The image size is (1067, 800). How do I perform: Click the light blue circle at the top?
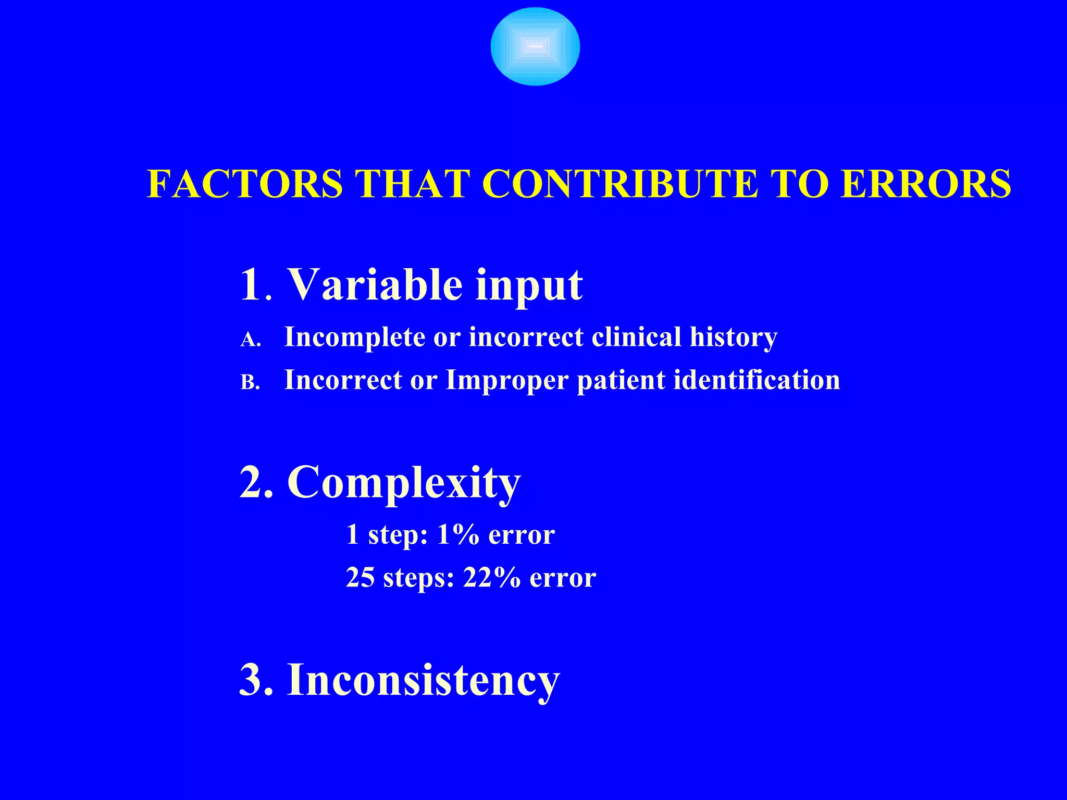click(535, 47)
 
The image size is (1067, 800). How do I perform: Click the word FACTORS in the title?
click(245, 184)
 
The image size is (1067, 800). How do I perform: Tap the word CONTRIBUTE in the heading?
click(620, 184)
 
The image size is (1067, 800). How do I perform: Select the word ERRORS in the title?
click(926, 184)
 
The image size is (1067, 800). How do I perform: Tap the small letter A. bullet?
click(250, 340)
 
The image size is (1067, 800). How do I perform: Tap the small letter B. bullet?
click(250, 383)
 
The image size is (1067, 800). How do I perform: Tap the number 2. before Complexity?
click(256, 482)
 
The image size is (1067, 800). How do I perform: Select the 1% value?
click(458, 534)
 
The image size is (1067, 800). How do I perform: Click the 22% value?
click(491, 578)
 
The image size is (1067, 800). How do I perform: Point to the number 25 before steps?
click(360, 578)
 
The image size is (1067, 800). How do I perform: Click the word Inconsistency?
click(423, 680)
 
